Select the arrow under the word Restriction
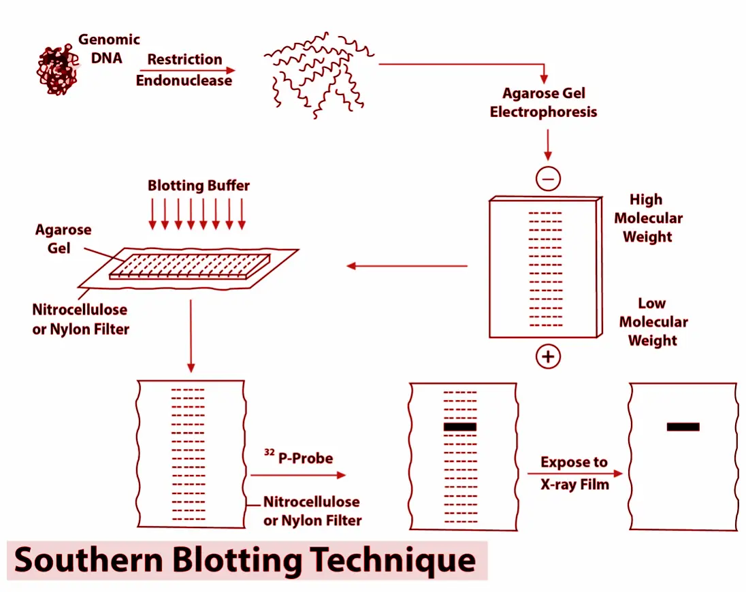(187, 70)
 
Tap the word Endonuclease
(184, 80)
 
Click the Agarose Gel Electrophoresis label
(543, 102)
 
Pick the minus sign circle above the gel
(548, 178)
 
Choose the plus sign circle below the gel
(548, 357)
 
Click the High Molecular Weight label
(647, 218)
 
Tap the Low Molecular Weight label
(653, 322)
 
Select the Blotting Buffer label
(199, 185)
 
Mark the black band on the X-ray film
(683, 427)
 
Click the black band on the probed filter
(459, 427)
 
